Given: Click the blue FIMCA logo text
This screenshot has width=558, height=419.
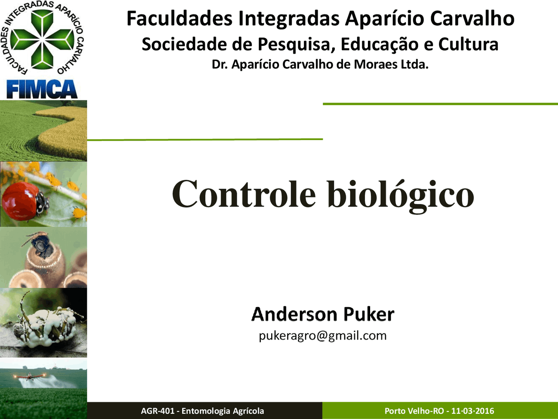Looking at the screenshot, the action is coord(42,89).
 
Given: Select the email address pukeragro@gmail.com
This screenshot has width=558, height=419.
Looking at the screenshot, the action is coord(323,336).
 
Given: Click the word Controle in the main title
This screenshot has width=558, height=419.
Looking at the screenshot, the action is coord(244,194).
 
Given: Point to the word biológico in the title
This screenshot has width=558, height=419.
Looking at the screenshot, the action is coord(400,196).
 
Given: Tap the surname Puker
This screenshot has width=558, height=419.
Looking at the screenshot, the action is coord(369,314).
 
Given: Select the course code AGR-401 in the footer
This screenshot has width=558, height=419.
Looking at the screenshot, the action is coord(158,411).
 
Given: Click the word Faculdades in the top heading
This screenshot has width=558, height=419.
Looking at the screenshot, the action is coord(180,18).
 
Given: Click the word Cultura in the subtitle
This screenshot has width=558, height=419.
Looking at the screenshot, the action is coord(468,44).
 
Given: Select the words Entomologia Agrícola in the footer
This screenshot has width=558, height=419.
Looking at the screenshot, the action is coord(223,411).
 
